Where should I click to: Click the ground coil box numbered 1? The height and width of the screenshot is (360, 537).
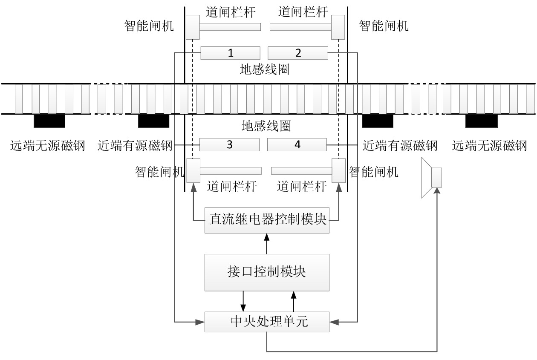tap(230, 53)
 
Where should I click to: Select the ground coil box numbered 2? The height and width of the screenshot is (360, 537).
tap(297, 53)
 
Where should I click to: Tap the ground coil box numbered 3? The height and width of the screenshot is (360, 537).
tap(229, 145)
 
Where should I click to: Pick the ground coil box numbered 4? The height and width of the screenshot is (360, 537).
tap(297, 145)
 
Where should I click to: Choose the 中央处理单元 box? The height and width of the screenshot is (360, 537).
tap(268, 322)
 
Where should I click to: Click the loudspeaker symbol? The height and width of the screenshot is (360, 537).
tap(431, 177)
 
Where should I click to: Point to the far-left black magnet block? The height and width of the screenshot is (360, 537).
tap(49, 121)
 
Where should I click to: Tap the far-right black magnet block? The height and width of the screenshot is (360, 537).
tap(481, 121)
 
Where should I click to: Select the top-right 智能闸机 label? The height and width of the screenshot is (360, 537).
tap(384, 26)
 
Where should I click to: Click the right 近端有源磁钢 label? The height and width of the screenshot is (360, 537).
tap(400, 146)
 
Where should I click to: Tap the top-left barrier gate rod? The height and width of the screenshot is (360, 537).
tap(231, 27)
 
